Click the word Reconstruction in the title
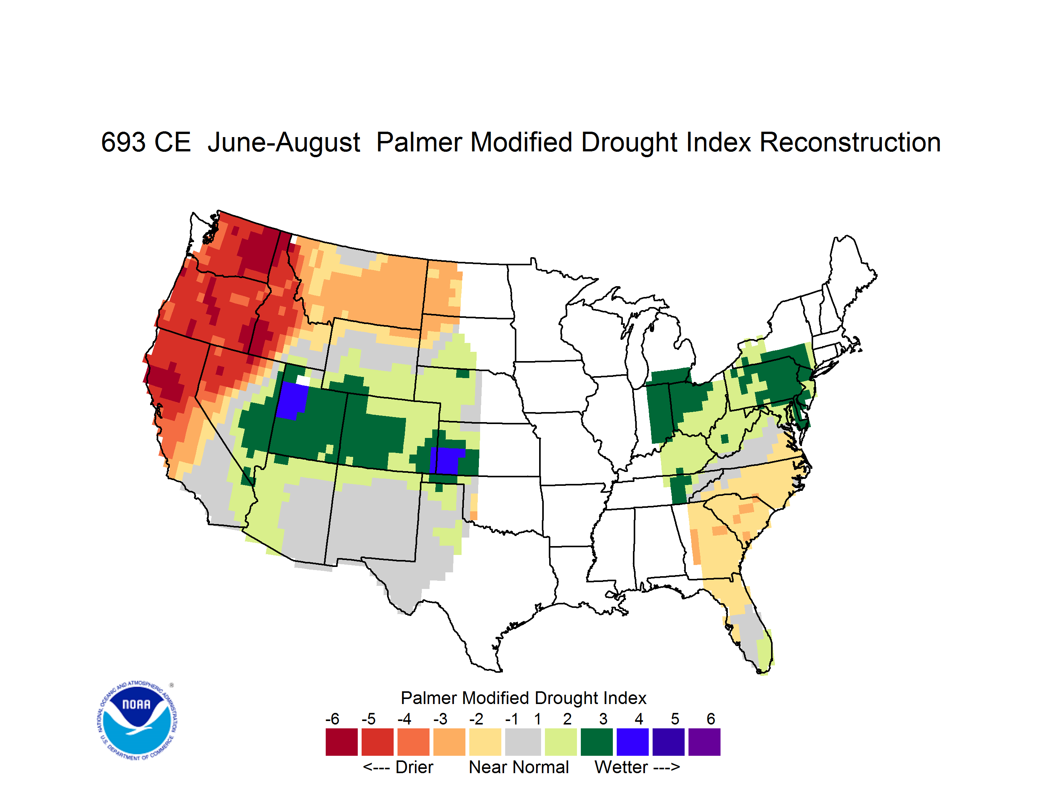850,142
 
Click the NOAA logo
137,720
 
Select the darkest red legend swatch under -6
342,742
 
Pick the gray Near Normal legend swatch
523,742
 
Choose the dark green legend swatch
596,742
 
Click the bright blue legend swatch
633,742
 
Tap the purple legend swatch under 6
704,742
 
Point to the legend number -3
440,719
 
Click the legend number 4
639,719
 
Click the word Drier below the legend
414,767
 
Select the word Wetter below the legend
621,767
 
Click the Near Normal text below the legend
519,767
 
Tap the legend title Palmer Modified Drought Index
523,698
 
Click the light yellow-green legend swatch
561,742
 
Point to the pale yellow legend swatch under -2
485,742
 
